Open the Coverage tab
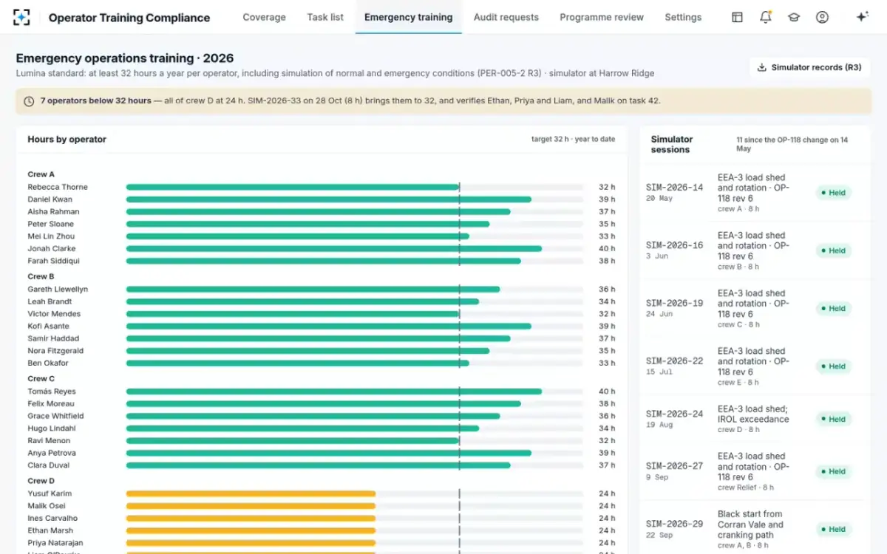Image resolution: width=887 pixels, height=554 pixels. coord(264,18)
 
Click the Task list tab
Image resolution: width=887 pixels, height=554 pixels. coord(325,18)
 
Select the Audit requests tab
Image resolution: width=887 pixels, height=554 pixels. coord(506,18)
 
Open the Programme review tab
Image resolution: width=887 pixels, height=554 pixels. coord(602,18)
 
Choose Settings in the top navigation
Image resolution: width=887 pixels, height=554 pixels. coord(683,18)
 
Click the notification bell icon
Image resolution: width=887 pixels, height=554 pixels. coord(766,17)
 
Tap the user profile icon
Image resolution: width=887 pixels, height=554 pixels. coord(822,17)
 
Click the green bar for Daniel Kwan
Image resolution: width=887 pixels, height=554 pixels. coord(329,199)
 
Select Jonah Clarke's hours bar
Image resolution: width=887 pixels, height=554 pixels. coord(334,249)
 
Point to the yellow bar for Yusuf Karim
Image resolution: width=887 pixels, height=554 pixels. coord(251,494)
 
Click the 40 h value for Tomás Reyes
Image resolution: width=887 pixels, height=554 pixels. coord(607,391)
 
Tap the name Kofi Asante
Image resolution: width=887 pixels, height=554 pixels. coord(48,326)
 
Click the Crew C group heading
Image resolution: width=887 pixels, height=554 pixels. coord(41,379)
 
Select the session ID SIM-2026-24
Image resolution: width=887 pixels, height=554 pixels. coord(674,414)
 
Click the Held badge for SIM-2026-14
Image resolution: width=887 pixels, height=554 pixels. coord(834,193)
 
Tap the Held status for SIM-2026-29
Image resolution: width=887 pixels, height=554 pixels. coord(834,529)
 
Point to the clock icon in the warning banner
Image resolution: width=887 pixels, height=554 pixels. coord(29,101)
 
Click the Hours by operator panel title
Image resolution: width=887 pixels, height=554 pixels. coord(67,140)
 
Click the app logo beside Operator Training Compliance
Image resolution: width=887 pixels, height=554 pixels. coord(21,18)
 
